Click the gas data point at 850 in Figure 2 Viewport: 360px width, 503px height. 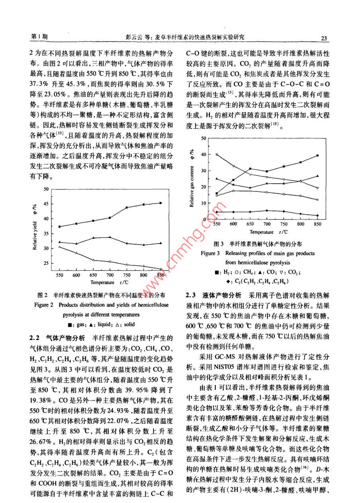pyautogui.click(x=160, y=203)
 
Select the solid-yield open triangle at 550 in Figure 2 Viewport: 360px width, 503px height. pyautogui.click(x=59, y=247)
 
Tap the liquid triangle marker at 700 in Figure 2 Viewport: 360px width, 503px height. pyautogui.click(x=110, y=237)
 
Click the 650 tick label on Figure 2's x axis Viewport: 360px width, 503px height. pyautogui.click(x=93, y=275)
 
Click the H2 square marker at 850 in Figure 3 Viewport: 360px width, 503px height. pyautogui.click(x=317, y=155)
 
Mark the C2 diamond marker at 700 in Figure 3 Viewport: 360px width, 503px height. pyautogui.click(x=267, y=210)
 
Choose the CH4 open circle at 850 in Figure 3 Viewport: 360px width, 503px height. pyautogui.click(x=317, y=200)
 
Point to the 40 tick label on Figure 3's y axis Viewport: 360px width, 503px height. pyautogui.click(x=204, y=154)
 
